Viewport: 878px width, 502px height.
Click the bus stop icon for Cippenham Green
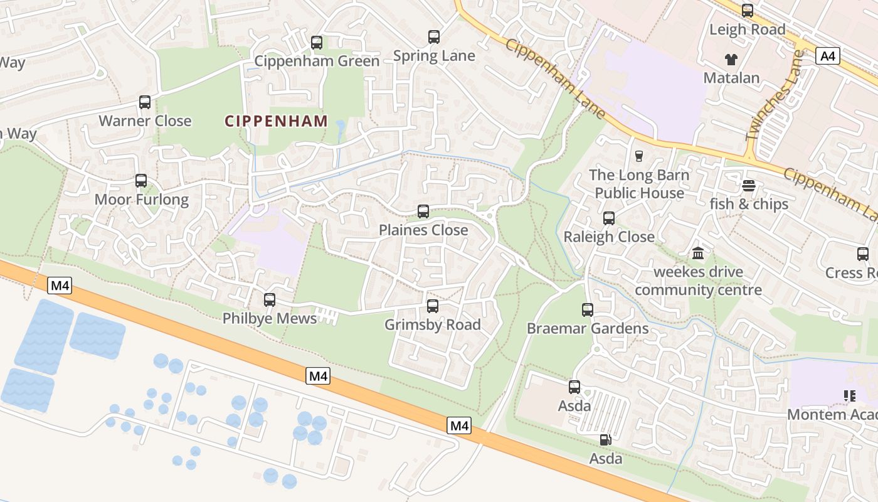(x=317, y=43)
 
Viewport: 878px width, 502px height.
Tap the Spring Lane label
(x=434, y=56)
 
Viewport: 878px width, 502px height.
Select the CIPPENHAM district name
(x=276, y=121)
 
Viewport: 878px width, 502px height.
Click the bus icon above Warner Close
(x=145, y=102)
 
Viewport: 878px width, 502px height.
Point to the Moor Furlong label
(x=141, y=200)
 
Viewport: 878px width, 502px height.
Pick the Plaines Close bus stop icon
(x=423, y=211)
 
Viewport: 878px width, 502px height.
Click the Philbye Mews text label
(x=270, y=319)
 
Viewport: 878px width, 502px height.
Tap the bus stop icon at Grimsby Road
(x=433, y=306)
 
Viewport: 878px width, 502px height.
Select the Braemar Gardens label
(x=588, y=328)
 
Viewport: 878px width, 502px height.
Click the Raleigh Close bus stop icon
(x=609, y=218)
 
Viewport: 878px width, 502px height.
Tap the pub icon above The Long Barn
(x=639, y=156)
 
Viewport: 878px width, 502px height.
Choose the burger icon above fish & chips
(x=749, y=186)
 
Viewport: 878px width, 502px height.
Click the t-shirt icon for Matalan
(x=731, y=60)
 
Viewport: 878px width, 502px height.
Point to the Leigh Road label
(x=747, y=29)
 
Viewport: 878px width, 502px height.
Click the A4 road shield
(x=828, y=56)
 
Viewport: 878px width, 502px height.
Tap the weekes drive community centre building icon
(x=698, y=254)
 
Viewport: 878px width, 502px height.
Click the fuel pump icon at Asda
(x=605, y=440)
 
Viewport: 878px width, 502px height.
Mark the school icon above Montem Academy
(x=850, y=396)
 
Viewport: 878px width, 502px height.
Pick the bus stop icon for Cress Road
(x=863, y=254)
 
